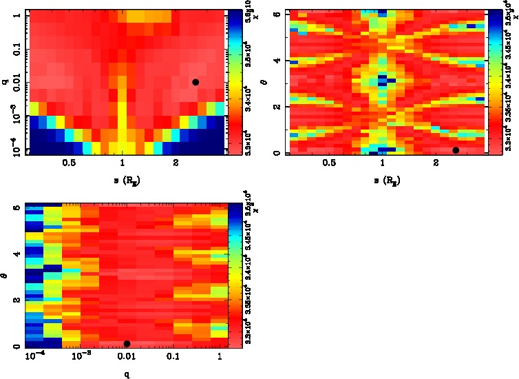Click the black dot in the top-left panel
coord(195,82)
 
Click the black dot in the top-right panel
coord(456,150)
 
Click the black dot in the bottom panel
coord(127,343)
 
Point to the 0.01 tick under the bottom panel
coord(127,356)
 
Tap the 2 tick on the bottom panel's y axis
coord(16,300)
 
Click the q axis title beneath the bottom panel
coord(127,373)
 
